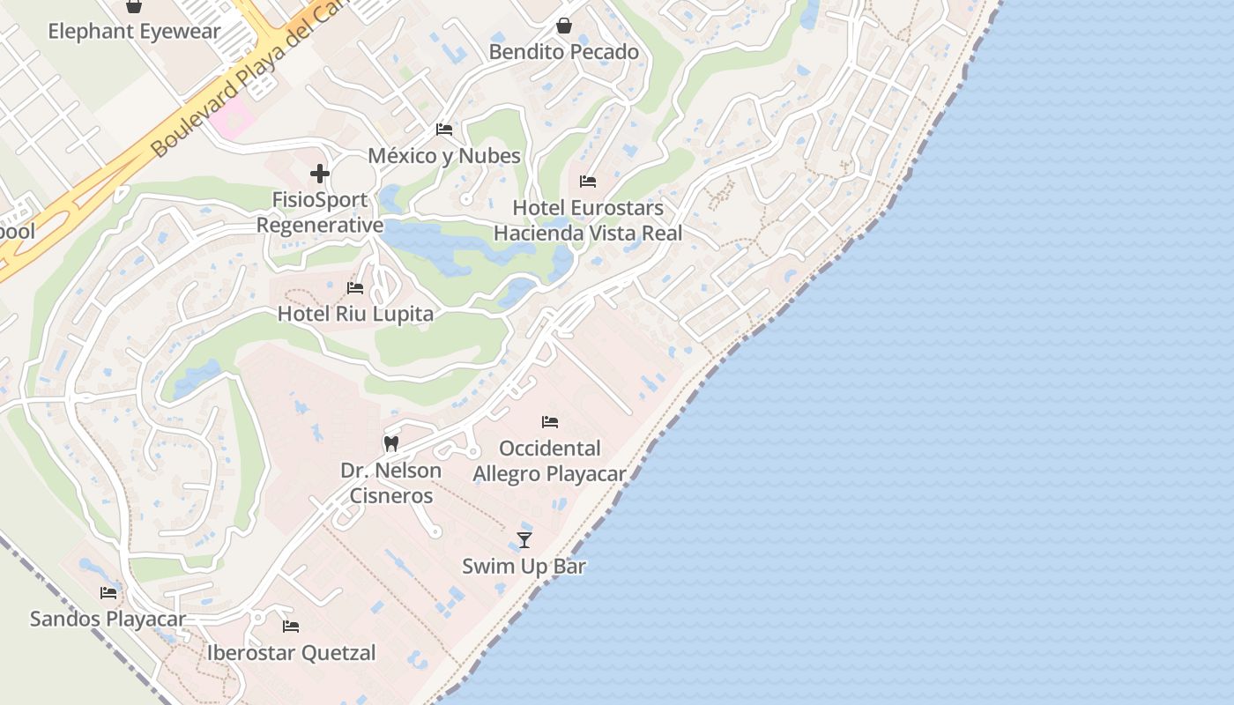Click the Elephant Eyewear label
click(134, 32)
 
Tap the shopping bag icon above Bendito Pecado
click(564, 26)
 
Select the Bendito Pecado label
click(564, 52)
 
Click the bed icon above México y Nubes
click(444, 130)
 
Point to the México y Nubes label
click(444, 156)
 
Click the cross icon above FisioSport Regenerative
click(320, 174)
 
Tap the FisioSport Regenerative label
click(320, 212)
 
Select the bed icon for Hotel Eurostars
click(588, 182)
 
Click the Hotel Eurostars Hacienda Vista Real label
click(588, 220)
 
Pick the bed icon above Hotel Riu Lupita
click(355, 288)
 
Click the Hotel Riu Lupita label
click(355, 314)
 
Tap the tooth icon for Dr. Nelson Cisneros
click(391, 443)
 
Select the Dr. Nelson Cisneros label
click(391, 483)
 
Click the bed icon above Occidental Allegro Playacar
click(550, 422)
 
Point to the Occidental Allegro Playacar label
click(550, 461)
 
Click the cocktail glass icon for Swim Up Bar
click(524, 539)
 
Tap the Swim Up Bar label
click(524, 566)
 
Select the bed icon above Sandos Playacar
click(108, 592)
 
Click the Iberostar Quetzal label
click(291, 653)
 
